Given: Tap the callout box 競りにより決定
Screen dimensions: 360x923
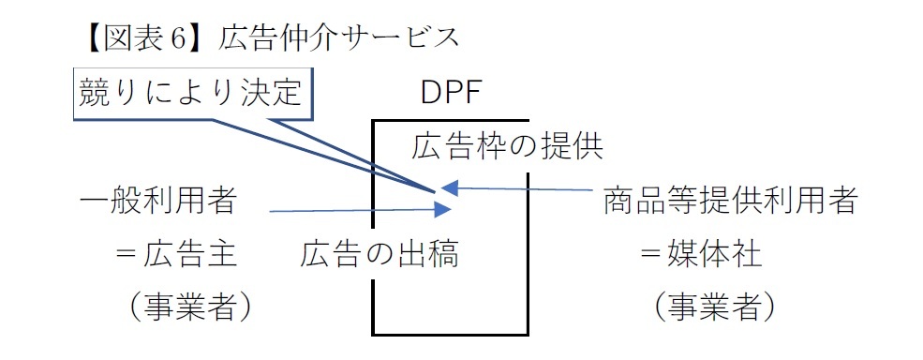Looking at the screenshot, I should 191,93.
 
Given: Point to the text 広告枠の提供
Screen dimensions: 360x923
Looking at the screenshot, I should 506,146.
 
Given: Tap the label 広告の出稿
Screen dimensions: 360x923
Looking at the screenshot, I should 380,253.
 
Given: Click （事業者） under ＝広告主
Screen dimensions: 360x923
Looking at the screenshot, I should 184,307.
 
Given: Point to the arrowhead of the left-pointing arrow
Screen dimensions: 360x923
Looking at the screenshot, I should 449,187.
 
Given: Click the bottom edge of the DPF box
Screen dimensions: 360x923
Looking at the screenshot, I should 451,333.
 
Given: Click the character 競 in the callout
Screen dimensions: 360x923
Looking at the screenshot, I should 96,93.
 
